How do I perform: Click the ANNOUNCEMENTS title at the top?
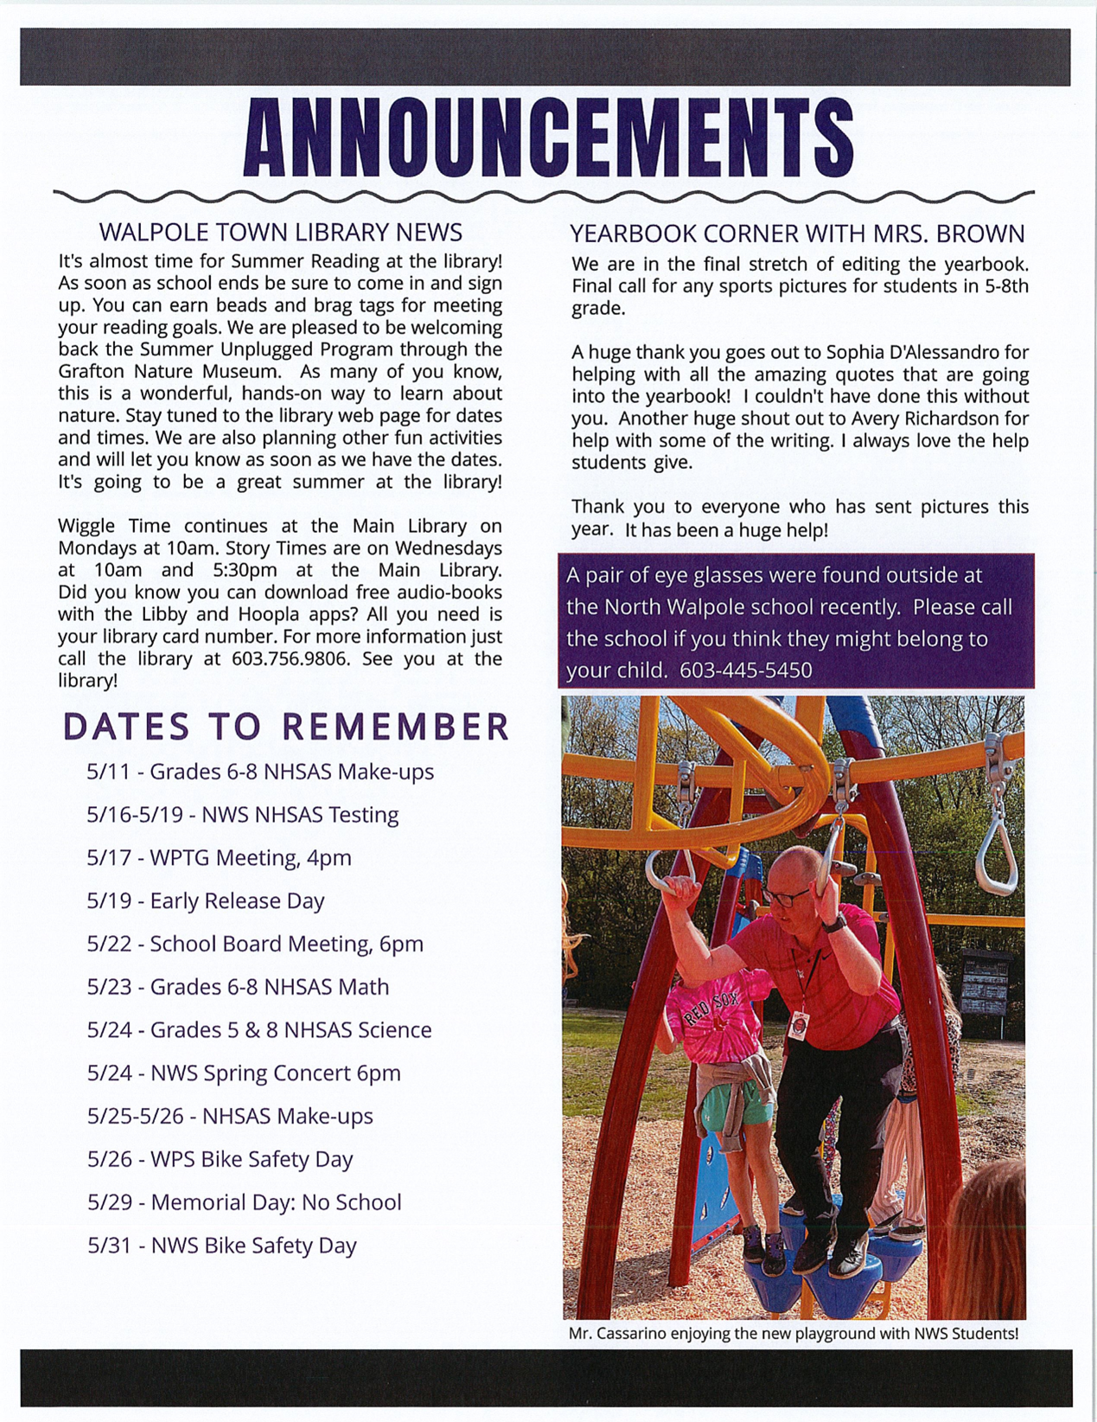click(x=548, y=138)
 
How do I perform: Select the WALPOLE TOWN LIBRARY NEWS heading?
click(x=280, y=232)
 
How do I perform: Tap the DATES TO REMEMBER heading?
click(x=286, y=727)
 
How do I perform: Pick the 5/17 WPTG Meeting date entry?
click(x=219, y=857)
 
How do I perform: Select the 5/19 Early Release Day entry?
click(x=205, y=900)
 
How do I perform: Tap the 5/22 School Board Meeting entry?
click(x=255, y=944)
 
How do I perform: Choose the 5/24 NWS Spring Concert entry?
click(x=244, y=1073)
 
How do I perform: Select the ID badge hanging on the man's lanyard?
click(x=800, y=1026)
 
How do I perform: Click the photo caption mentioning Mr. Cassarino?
click(x=793, y=1333)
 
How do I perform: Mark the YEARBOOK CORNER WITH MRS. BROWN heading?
click(x=796, y=234)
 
